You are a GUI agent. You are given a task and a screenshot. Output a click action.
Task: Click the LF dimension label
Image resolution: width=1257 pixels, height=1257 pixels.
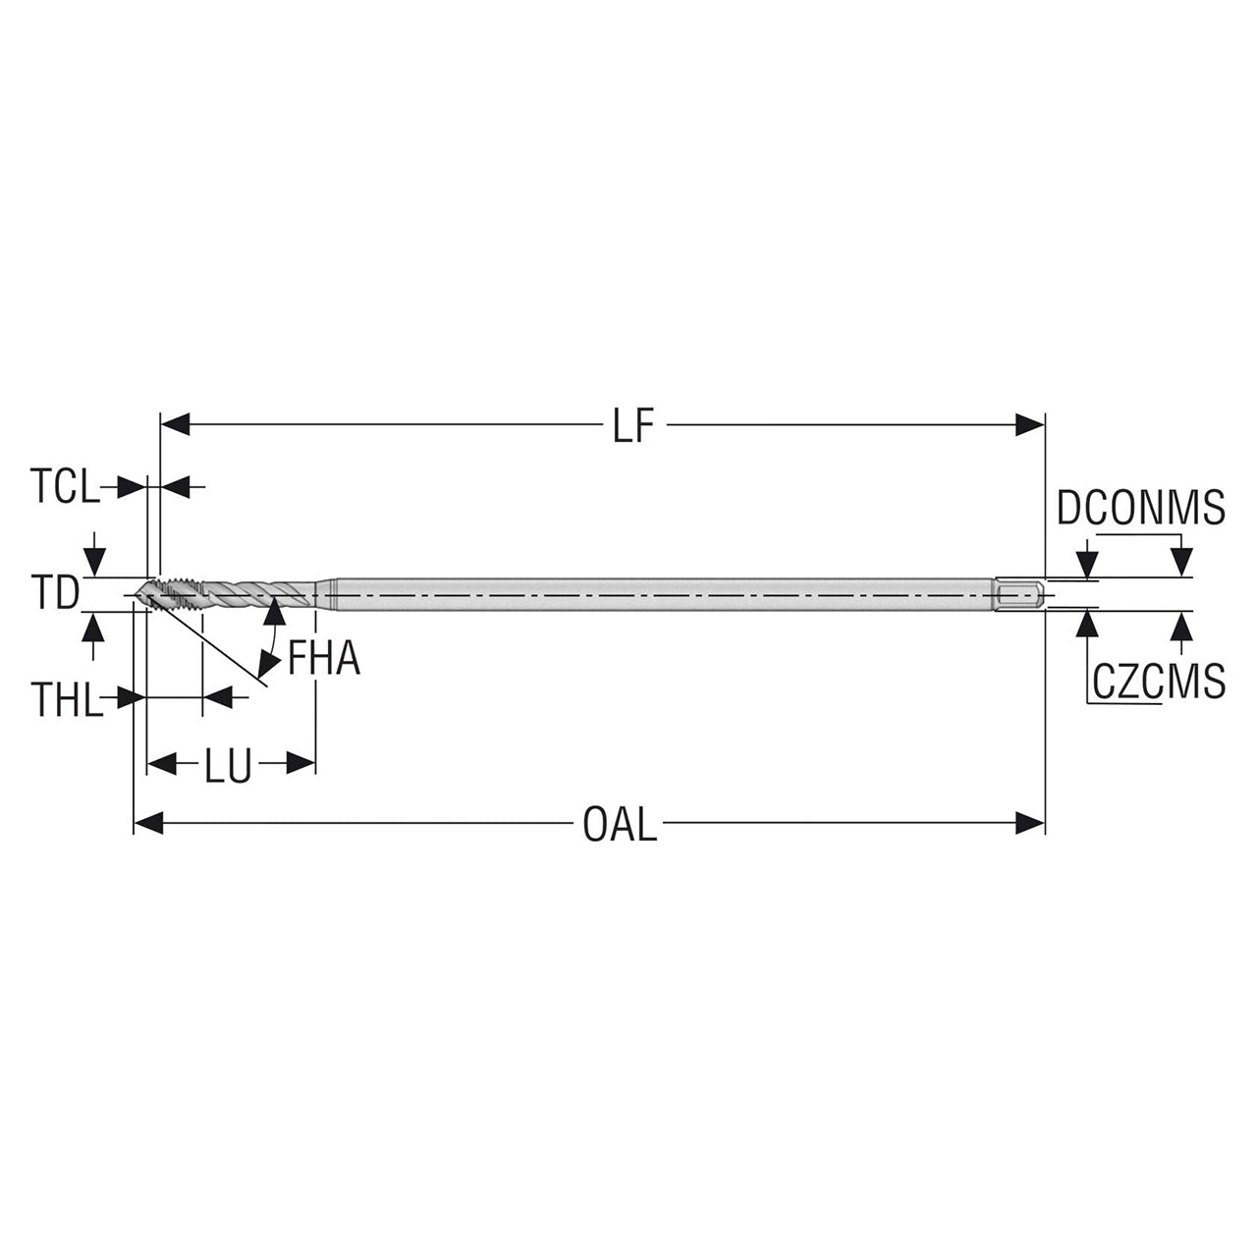click(x=632, y=426)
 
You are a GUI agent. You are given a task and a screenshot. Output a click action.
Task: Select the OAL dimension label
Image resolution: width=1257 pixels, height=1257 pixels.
click(x=619, y=824)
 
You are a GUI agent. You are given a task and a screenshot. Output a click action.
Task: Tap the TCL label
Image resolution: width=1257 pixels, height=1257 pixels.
click(x=65, y=487)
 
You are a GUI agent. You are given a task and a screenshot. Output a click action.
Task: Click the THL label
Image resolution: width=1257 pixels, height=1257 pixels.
click(x=67, y=699)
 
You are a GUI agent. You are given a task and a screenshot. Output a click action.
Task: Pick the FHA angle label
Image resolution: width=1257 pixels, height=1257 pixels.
click(x=323, y=659)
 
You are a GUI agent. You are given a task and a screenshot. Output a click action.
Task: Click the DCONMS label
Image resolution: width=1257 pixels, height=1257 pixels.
click(x=1141, y=508)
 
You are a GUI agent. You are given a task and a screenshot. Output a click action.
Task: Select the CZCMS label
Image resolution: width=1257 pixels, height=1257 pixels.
click(x=1159, y=681)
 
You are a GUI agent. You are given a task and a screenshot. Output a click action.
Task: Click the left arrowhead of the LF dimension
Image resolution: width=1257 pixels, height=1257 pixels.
click(x=175, y=424)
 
